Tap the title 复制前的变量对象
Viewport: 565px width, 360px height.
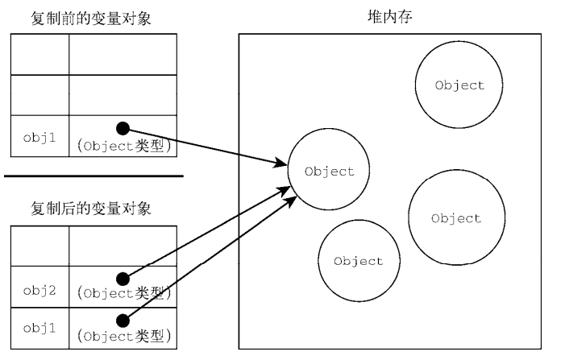pos(90,19)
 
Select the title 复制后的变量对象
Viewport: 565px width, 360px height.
pos(90,209)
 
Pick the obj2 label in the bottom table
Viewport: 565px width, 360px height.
pos(39,291)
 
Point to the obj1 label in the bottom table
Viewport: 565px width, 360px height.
pos(39,329)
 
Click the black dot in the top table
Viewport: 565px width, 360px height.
pos(123,128)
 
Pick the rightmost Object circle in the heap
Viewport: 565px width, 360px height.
pos(455,218)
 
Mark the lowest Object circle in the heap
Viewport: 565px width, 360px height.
pos(358,261)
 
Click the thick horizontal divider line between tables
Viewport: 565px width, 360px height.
pos(93,176)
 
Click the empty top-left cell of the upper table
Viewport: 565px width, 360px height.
pos(39,55)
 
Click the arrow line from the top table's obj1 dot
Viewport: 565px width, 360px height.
pos(206,147)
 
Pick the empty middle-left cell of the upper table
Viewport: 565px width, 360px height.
pos(39,95)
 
